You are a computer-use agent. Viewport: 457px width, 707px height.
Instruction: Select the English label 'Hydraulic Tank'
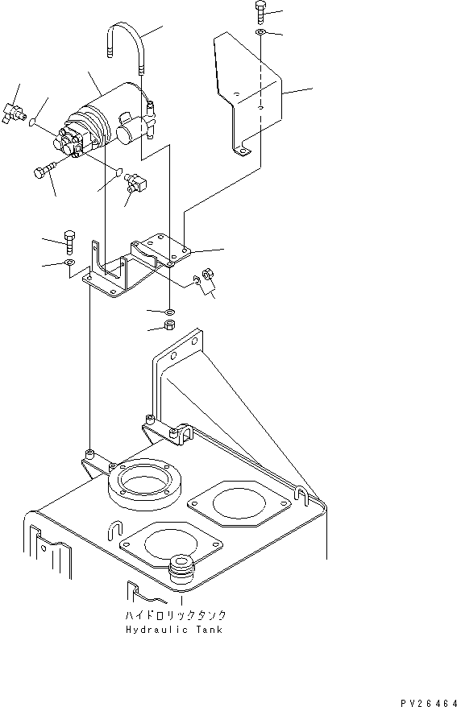click(x=174, y=629)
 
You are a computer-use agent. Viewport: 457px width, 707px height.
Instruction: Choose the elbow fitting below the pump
click(x=135, y=184)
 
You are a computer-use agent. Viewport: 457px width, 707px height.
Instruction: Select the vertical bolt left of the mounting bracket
click(x=69, y=241)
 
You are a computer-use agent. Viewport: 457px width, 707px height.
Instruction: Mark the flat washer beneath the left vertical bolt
click(x=69, y=263)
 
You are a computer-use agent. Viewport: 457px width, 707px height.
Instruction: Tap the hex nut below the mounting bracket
click(x=169, y=325)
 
